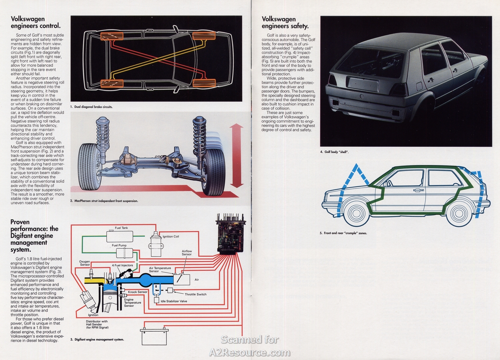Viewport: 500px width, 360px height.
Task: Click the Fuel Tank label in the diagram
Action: click(x=121, y=228)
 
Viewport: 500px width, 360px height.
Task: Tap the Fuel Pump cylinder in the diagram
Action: click(x=124, y=253)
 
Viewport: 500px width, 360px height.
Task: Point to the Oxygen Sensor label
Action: click(x=84, y=263)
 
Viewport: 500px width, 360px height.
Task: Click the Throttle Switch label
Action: click(x=196, y=294)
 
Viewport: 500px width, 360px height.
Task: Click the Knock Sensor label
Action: click(x=138, y=292)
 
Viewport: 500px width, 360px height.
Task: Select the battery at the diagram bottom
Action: click(x=154, y=337)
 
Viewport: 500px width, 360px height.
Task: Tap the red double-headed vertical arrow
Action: click(x=236, y=155)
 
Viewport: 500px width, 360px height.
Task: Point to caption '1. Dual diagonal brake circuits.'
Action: click(x=92, y=107)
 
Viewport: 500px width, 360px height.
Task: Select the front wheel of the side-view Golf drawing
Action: click(x=356, y=213)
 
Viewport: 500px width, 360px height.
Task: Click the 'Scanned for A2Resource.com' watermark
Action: click(x=250, y=346)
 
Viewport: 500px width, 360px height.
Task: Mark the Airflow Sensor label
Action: click(x=187, y=252)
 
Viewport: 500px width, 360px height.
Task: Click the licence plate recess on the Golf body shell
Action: click(x=363, y=84)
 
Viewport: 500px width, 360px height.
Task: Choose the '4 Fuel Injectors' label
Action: click(x=122, y=265)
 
